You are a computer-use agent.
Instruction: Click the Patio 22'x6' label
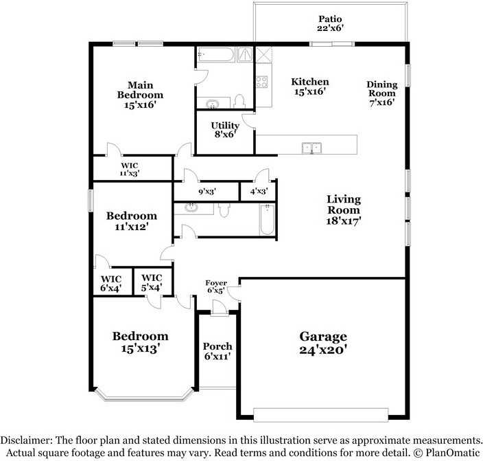(x=330, y=23)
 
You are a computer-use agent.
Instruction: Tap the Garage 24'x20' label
(x=322, y=342)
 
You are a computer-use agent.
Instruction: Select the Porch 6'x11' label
(x=217, y=351)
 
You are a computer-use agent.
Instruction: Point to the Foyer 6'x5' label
(x=216, y=287)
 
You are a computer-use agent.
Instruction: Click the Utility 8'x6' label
(x=225, y=130)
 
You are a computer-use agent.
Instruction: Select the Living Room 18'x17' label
(x=344, y=210)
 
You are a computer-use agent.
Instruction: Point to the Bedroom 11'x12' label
(x=131, y=220)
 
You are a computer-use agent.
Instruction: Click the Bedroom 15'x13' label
(x=140, y=341)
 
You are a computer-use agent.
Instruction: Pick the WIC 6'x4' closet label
(x=111, y=282)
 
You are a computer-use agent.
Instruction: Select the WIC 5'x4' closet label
(x=151, y=282)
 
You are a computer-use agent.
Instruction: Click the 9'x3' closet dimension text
(x=207, y=192)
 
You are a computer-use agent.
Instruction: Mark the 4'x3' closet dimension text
(x=258, y=192)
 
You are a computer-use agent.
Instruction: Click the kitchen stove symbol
(x=261, y=82)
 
